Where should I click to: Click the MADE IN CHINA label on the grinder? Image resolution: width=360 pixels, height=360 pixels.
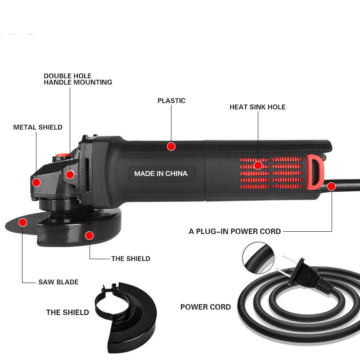[161, 174]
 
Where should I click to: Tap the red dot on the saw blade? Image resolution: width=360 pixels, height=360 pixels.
[23, 222]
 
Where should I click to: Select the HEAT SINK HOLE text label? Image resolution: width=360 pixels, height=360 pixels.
[257, 107]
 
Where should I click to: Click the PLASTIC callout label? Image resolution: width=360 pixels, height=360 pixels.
[171, 101]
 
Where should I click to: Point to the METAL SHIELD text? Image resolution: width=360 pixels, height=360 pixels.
[38, 127]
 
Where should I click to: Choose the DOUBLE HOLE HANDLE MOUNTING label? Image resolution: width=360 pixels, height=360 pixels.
[78, 79]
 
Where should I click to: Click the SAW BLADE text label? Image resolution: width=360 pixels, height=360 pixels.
[58, 282]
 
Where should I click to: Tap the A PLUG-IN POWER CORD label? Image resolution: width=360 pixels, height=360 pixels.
[234, 231]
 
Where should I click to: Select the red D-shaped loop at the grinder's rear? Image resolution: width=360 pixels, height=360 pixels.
[315, 172]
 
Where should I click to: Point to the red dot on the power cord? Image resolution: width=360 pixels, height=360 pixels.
[331, 186]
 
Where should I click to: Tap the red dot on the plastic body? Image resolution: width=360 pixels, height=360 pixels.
[171, 146]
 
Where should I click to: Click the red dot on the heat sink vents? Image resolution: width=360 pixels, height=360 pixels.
[258, 165]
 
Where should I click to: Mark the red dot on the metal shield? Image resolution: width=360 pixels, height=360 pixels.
[36, 183]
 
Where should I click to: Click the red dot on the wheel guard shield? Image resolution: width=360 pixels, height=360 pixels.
[89, 235]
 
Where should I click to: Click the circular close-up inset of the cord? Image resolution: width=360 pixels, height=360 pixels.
[258, 258]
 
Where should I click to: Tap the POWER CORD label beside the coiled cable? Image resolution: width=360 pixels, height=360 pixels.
[206, 307]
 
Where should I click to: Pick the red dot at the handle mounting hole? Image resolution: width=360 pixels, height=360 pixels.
[70, 175]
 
